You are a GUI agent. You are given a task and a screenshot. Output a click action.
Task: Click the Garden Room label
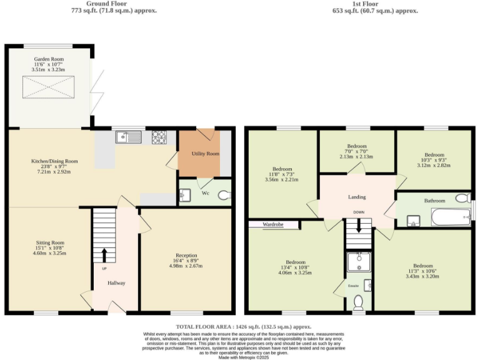click(48, 58)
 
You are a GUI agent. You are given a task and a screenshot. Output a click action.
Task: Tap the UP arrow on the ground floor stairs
click(104, 255)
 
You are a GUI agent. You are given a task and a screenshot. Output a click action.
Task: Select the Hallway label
click(116, 283)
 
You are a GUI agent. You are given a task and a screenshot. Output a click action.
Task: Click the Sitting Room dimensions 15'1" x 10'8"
click(49, 248)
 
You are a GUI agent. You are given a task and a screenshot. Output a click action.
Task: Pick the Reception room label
click(186, 256)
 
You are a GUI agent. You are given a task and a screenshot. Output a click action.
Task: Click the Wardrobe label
click(274, 224)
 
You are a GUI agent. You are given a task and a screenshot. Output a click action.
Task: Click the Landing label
click(357, 197)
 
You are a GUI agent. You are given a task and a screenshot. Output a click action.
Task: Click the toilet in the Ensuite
click(359, 303)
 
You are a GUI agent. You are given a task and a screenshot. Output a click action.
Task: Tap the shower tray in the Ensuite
click(359, 262)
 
